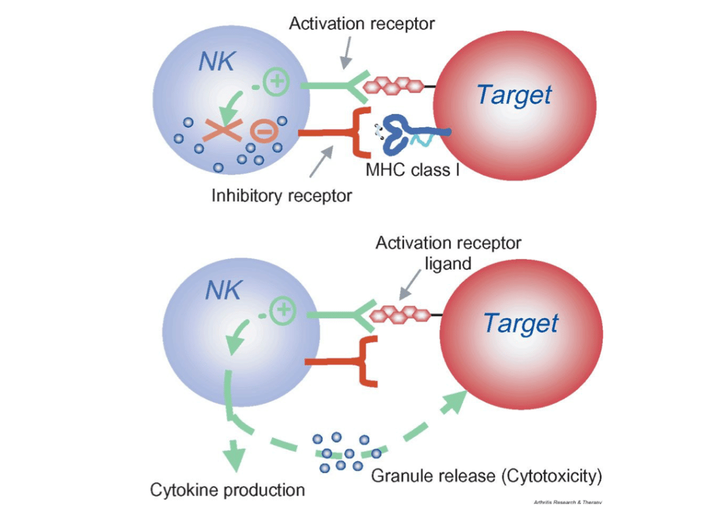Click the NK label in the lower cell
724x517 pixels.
(x=224, y=290)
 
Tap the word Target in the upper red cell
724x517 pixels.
(x=514, y=95)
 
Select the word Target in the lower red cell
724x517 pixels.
(x=521, y=323)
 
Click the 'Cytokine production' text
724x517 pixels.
(x=228, y=489)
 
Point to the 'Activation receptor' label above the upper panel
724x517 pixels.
(x=362, y=24)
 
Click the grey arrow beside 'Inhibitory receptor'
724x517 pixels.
(x=324, y=162)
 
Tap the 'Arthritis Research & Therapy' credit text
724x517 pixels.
(x=568, y=502)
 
